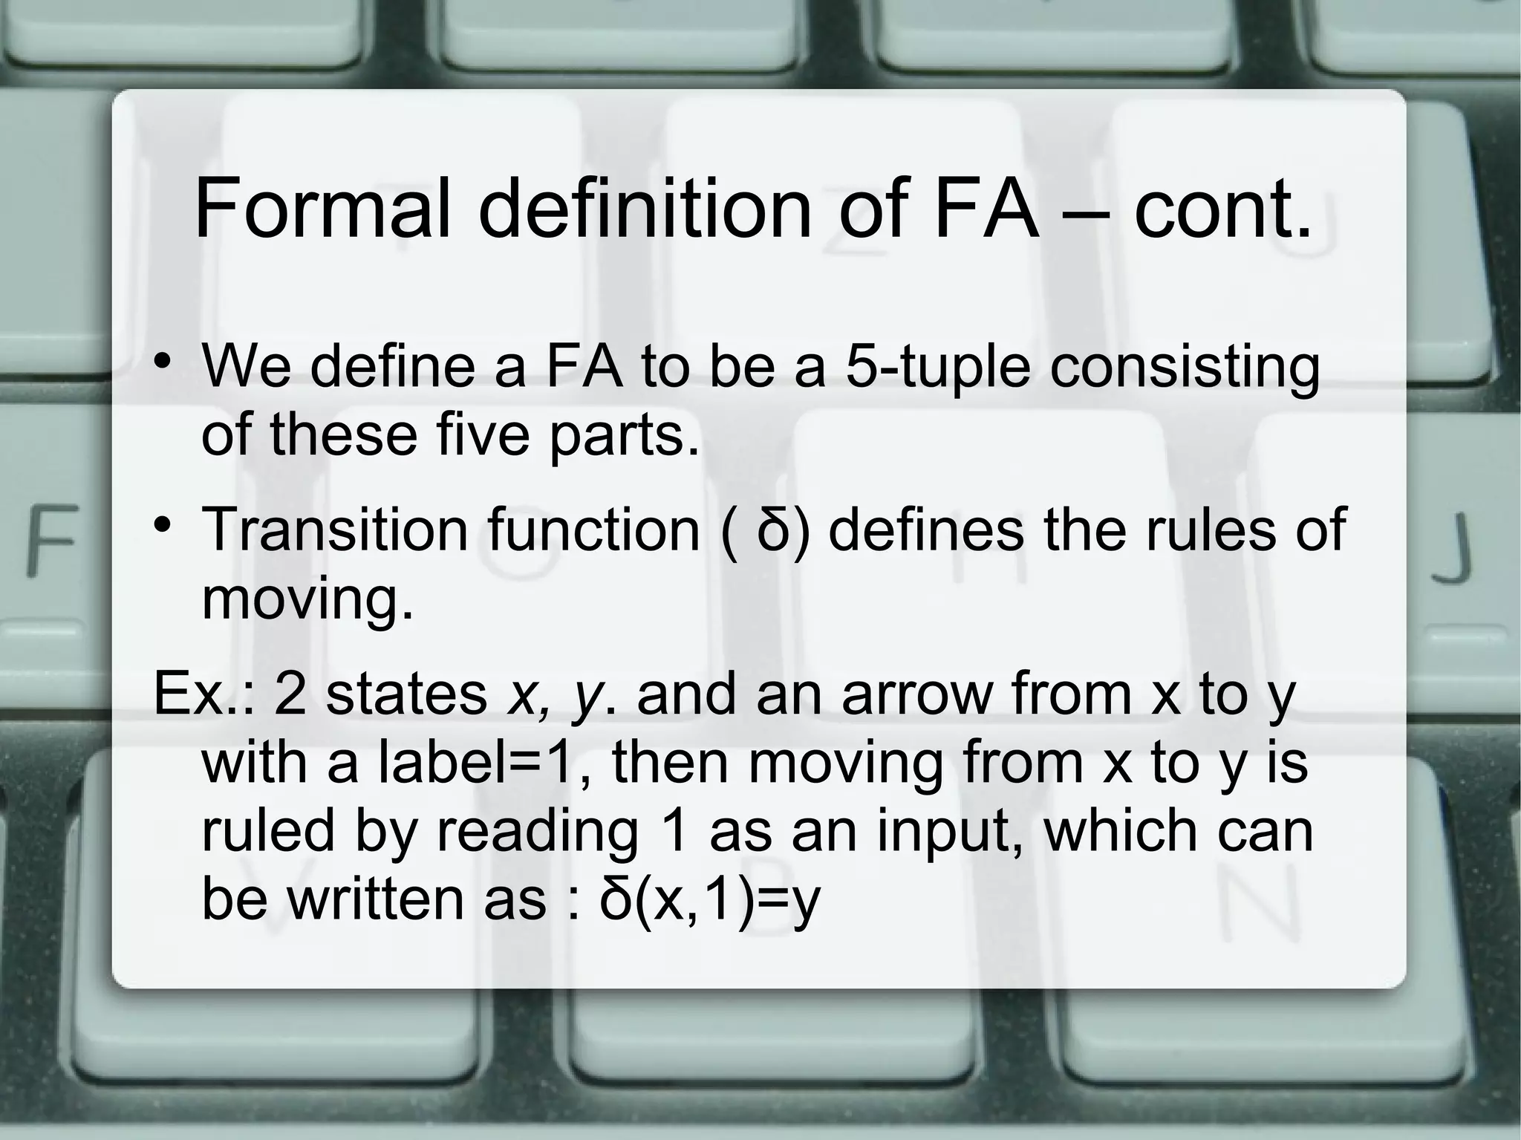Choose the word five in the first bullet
click(x=484, y=434)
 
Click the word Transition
click(x=335, y=530)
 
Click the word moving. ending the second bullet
click(x=307, y=599)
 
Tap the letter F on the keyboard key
click(x=53, y=539)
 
